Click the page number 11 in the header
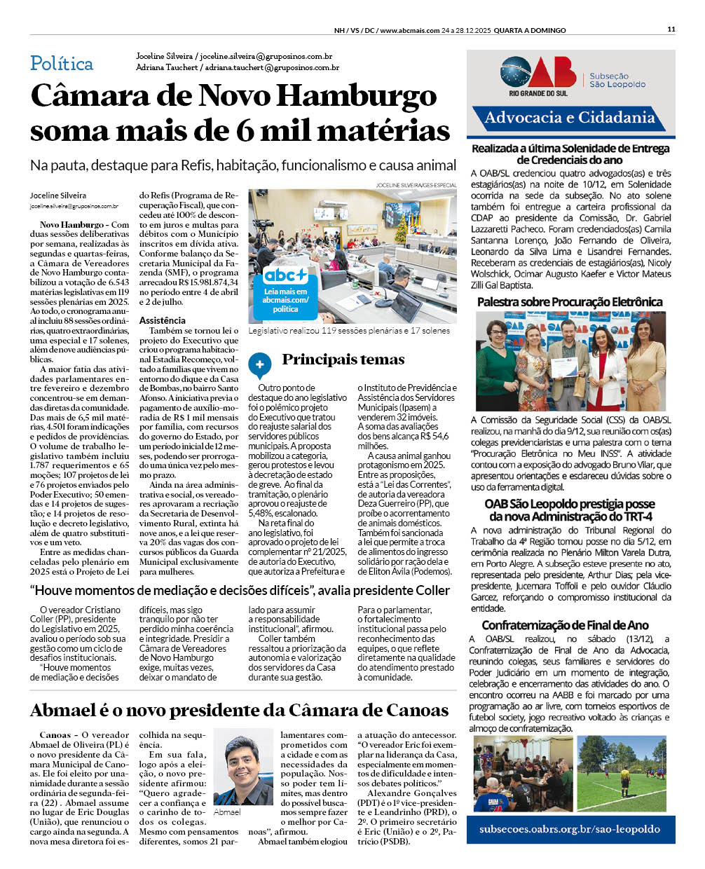(671, 29)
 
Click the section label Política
(62, 64)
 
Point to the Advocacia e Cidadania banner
(570, 118)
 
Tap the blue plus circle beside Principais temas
(259, 364)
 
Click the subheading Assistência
(163, 320)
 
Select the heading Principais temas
(343, 360)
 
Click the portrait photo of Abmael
(243, 767)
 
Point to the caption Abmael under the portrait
(227, 812)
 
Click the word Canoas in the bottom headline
(413, 710)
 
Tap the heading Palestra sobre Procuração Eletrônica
(570, 302)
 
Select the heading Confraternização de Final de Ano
(565, 625)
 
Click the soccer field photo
(621, 773)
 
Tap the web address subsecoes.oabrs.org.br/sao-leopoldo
(570, 829)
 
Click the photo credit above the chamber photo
(416, 185)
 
